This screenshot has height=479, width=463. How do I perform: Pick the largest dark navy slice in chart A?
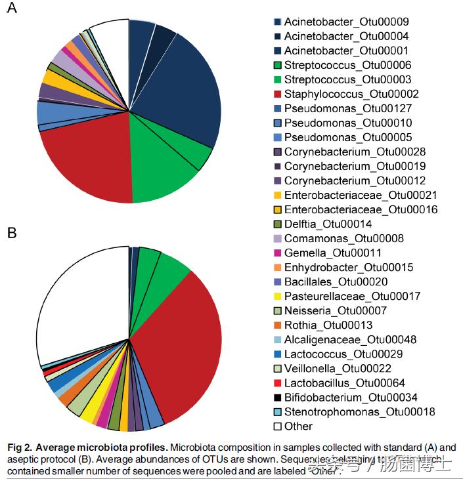(187, 92)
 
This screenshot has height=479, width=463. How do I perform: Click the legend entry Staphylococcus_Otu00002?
(351, 94)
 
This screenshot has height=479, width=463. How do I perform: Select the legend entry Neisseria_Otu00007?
(336, 310)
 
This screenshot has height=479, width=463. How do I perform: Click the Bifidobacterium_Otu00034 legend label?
(351, 397)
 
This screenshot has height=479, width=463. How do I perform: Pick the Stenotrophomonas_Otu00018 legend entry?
(359, 411)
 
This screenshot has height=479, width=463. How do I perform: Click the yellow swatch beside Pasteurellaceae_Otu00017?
(278, 296)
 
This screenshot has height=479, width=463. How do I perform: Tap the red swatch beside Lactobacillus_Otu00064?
(278, 383)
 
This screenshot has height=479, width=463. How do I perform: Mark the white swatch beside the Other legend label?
(278, 426)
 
